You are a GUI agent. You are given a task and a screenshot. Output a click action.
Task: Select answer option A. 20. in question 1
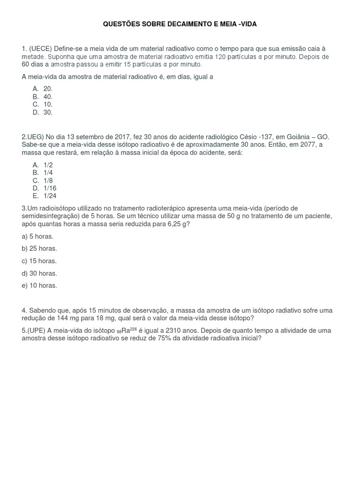tap(43, 89)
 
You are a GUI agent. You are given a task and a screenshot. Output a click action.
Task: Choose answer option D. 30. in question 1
tap(43, 112)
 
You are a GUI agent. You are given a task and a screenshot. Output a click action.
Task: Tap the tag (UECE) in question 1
tap(41, 48)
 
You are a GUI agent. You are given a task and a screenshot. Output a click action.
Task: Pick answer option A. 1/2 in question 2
tap(43, 165)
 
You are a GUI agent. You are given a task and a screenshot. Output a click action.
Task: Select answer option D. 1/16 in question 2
tap(45, 188)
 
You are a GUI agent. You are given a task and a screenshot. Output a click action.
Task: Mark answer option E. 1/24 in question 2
tap(45, 196)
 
